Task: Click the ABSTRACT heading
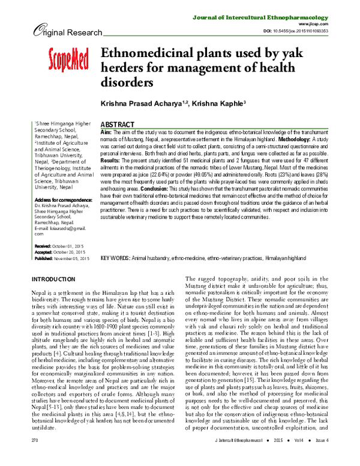point(119,121)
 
